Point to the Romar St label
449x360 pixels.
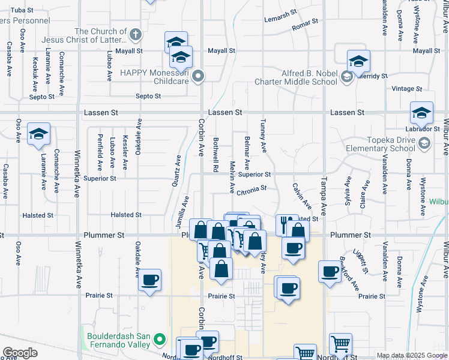coord(304,28)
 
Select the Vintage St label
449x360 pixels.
coord(407,89)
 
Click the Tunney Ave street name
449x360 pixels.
coord(262,134)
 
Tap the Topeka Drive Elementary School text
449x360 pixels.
coord(380,144)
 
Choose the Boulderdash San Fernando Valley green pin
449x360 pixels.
coord(159,340)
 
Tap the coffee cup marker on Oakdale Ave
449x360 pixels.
coord(149,279)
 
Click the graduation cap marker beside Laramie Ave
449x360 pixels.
coord(38,134)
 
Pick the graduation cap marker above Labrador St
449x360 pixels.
coord(421,113)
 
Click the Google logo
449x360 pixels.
coord(20,353)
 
